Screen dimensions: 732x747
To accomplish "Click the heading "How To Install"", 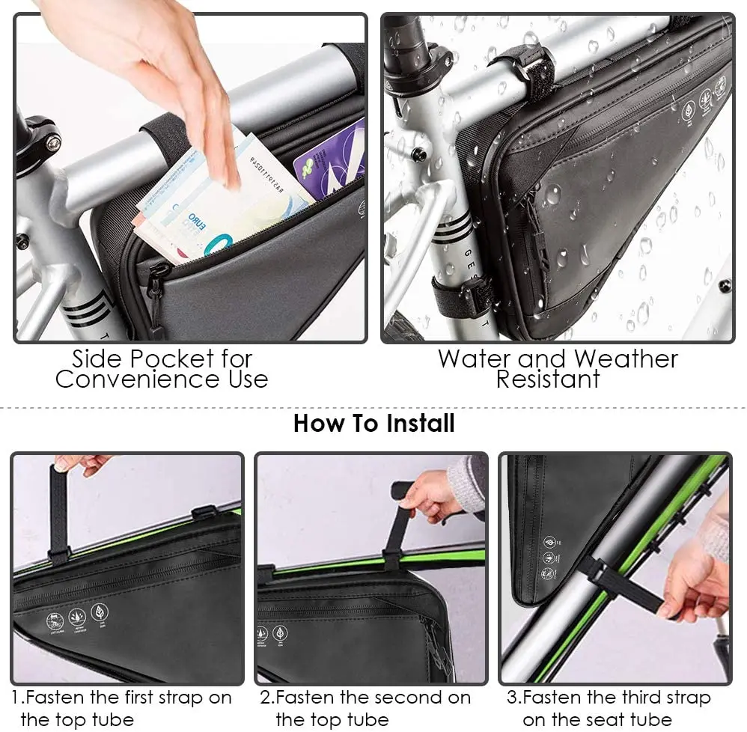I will point(373,424).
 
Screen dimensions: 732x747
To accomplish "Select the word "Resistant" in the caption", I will point(548,379).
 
